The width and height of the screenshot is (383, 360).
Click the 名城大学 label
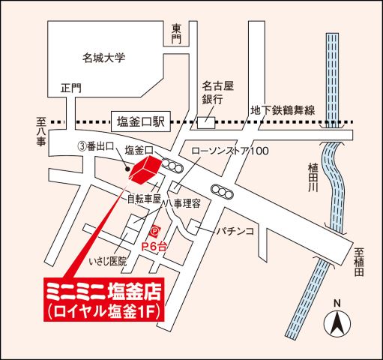coord(104,56)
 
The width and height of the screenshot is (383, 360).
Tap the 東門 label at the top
coord(176,34)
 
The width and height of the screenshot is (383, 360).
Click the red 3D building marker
coord(145,170)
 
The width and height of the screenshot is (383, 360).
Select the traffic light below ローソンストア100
coord(221,190)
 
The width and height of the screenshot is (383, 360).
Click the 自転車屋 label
coord(144,199)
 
